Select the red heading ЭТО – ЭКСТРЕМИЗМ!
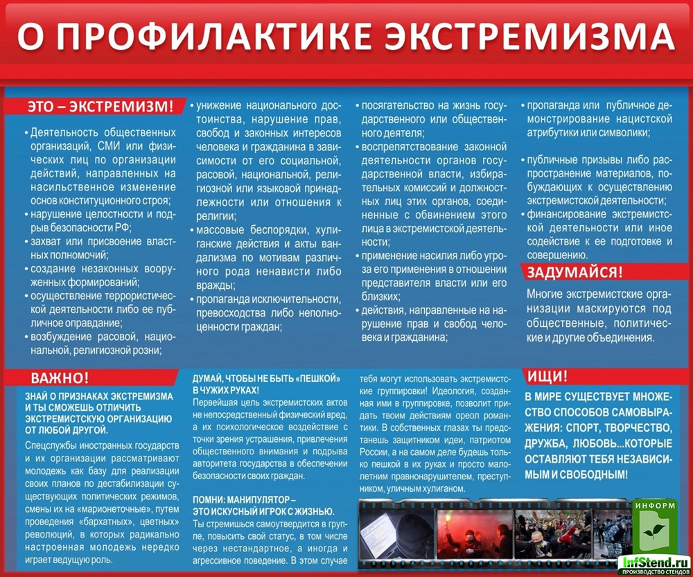(x=100, y=107)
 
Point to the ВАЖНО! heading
(x=60, y=378)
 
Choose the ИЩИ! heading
(x=547, y=377)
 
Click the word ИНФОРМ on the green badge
(x=652, y=505)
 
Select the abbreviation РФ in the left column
(x=124, y=227)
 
